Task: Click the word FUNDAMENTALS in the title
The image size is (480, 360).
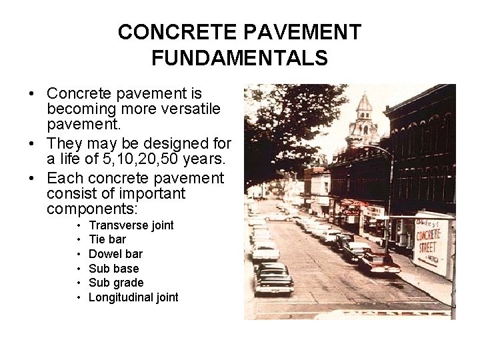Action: pos(239,58)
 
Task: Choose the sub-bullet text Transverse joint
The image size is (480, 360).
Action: pos(131,225)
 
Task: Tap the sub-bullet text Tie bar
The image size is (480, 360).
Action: pos(107,240)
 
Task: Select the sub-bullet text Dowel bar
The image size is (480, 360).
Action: pos(115,254)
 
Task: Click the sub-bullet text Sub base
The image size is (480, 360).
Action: pos(113,268)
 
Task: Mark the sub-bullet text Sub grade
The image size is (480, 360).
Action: pos(116,283)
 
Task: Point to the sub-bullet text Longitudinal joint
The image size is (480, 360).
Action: pos(133,297)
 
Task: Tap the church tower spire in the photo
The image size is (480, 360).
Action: pos(364,107)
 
